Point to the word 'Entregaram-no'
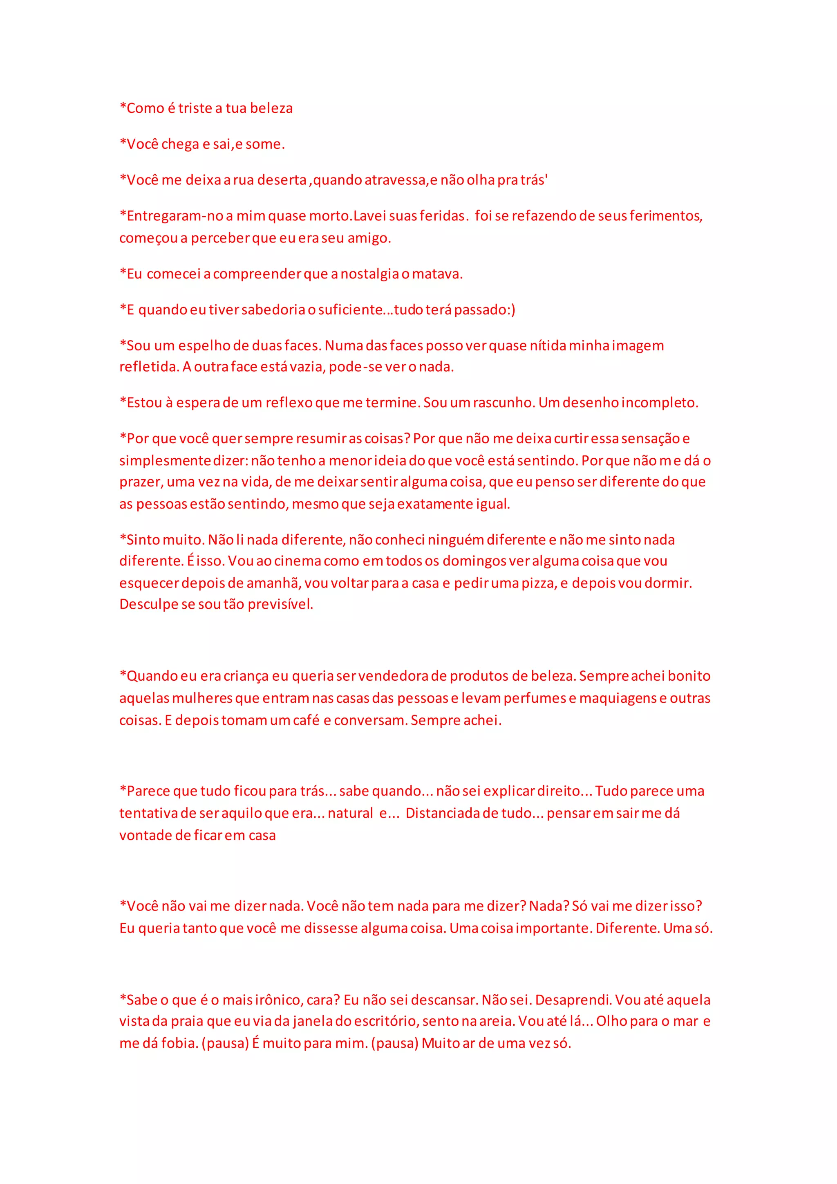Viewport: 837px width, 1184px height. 170,216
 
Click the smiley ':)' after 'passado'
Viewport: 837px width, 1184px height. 510,310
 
